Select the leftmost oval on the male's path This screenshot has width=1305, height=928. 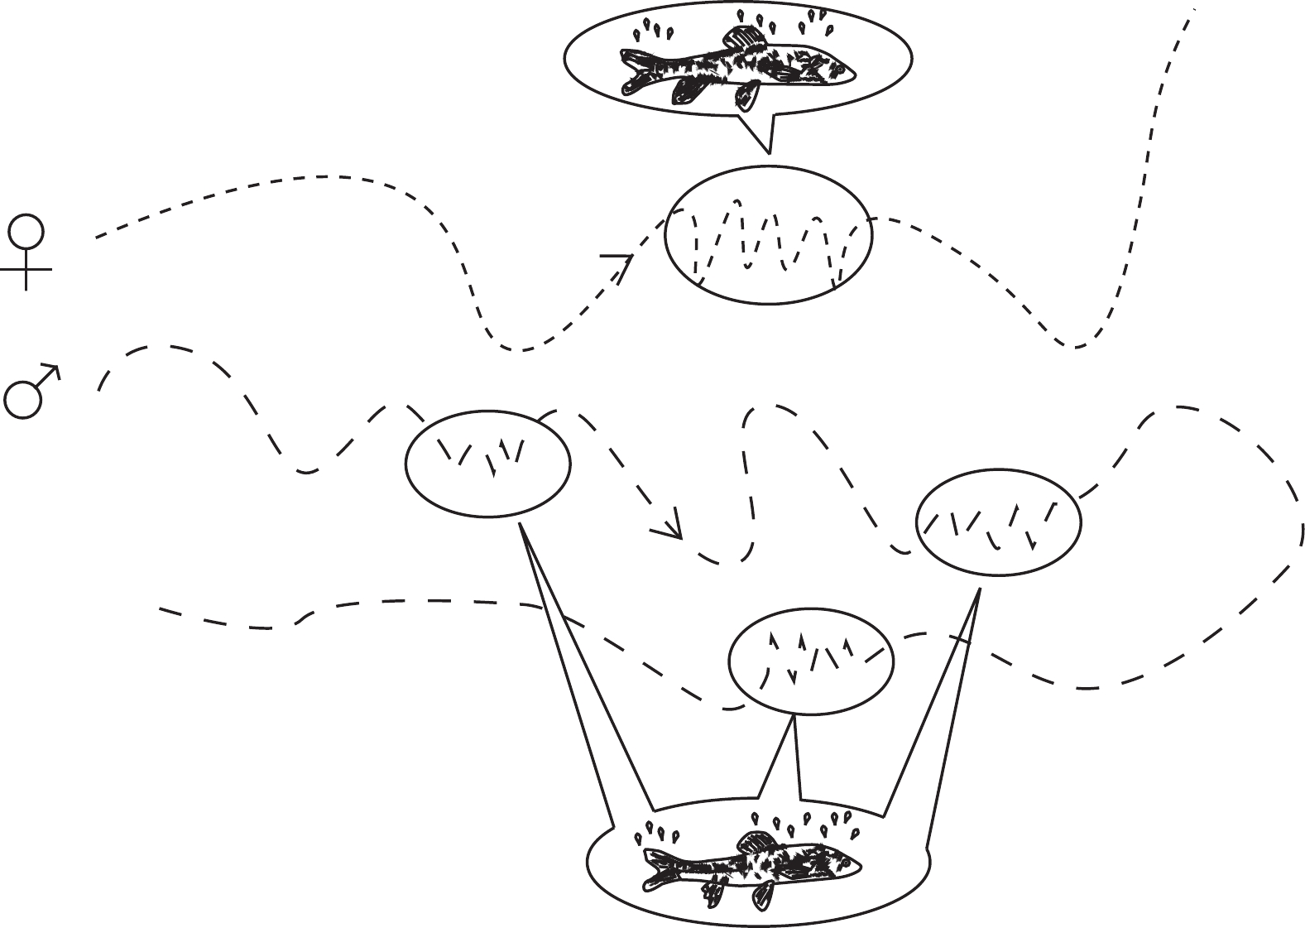[487, 463]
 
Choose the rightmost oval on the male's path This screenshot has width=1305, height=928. [998, 525]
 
